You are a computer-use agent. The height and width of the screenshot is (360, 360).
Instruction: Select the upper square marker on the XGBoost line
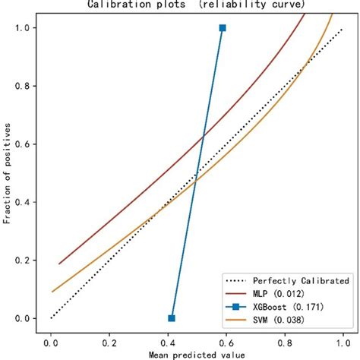point(223,28)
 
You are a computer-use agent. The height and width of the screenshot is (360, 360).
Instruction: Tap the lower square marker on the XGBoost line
point(172,318)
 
